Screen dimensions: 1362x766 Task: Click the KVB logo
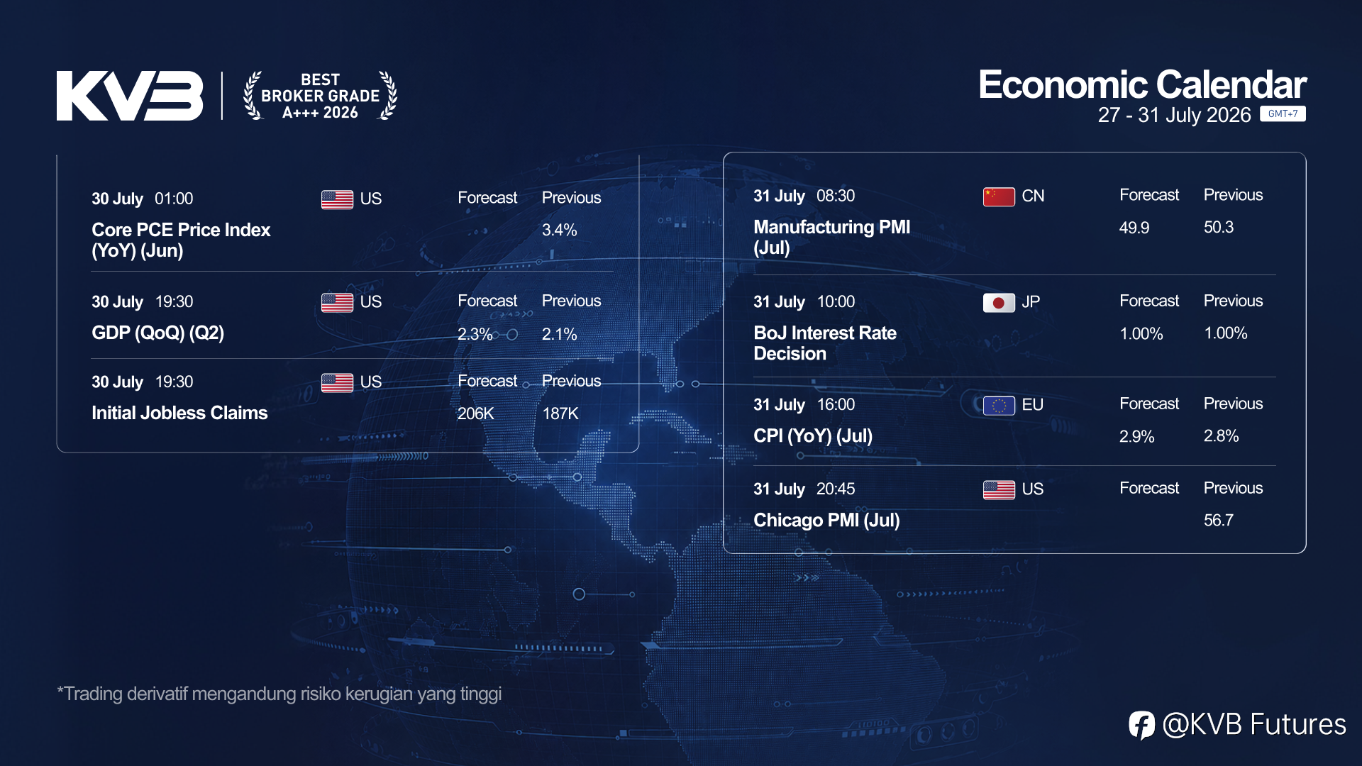point(130,96)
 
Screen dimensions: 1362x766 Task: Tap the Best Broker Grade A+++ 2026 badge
point(320,96)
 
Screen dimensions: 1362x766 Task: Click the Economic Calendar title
point(1142,85)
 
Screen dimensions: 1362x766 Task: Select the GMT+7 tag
point(1283,113)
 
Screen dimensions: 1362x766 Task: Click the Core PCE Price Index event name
point(181,240)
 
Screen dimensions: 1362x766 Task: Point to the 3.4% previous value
point(559,230)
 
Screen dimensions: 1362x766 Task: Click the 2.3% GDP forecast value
point(475,334)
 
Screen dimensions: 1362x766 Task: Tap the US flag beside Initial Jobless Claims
point(337,382)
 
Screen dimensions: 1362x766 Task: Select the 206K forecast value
point(475,413)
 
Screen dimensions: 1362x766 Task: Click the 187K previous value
point(560,413)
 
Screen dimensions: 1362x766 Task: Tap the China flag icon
point(999,196)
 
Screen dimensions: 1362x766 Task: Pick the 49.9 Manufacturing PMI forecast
point(1134,228)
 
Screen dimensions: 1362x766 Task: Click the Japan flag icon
point(999,303)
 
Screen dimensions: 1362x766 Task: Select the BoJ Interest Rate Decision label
point(825,343)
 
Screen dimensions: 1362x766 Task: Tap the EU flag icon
point(999,406)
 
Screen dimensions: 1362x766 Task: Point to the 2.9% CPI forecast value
point(1136,436)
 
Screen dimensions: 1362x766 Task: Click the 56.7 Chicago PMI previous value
point(1219,521)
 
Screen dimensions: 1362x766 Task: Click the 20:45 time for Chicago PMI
point(836,489)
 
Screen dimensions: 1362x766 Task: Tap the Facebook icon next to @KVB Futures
point(1142,725)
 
